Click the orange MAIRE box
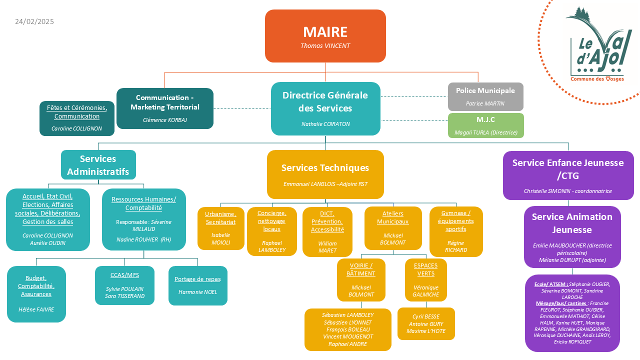(325, 36)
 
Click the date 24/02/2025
(34, 21)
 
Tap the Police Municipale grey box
(485, 96)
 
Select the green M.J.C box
(485, 125)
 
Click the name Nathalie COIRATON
(325, 124)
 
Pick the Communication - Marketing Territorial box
(165, 108)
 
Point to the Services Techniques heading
(325, 167)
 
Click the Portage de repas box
(197, 285)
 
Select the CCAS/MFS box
(124, 285)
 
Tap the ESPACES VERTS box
(425, 279)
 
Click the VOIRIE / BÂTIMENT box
(361, 279)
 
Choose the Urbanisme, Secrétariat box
(221, 228)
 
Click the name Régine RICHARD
(456, 246)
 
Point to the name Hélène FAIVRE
(36, 309)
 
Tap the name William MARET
(327, 247)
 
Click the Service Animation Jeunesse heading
(572, 223)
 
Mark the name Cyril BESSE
(425, 316)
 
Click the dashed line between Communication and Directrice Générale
(242, 108)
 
